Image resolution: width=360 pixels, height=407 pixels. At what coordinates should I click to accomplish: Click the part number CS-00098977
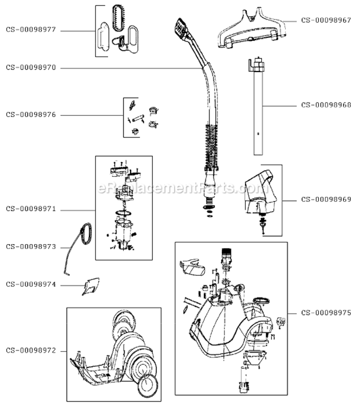click(31, 30)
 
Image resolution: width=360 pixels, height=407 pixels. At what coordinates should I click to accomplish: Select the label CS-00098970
click(31, 68)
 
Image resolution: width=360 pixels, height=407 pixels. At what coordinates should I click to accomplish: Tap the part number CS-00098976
click(31, 115)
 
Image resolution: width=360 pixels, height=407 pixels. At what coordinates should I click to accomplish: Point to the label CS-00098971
click(31, 209)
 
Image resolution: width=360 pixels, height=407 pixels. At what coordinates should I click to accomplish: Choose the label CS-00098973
click(31, 246)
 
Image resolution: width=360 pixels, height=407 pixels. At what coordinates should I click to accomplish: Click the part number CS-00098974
click(31, 283)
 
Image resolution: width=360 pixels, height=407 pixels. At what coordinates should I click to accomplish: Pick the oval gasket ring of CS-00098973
click(83, 233)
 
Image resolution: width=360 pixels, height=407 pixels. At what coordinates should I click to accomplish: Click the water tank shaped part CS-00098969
click(259, 190)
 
